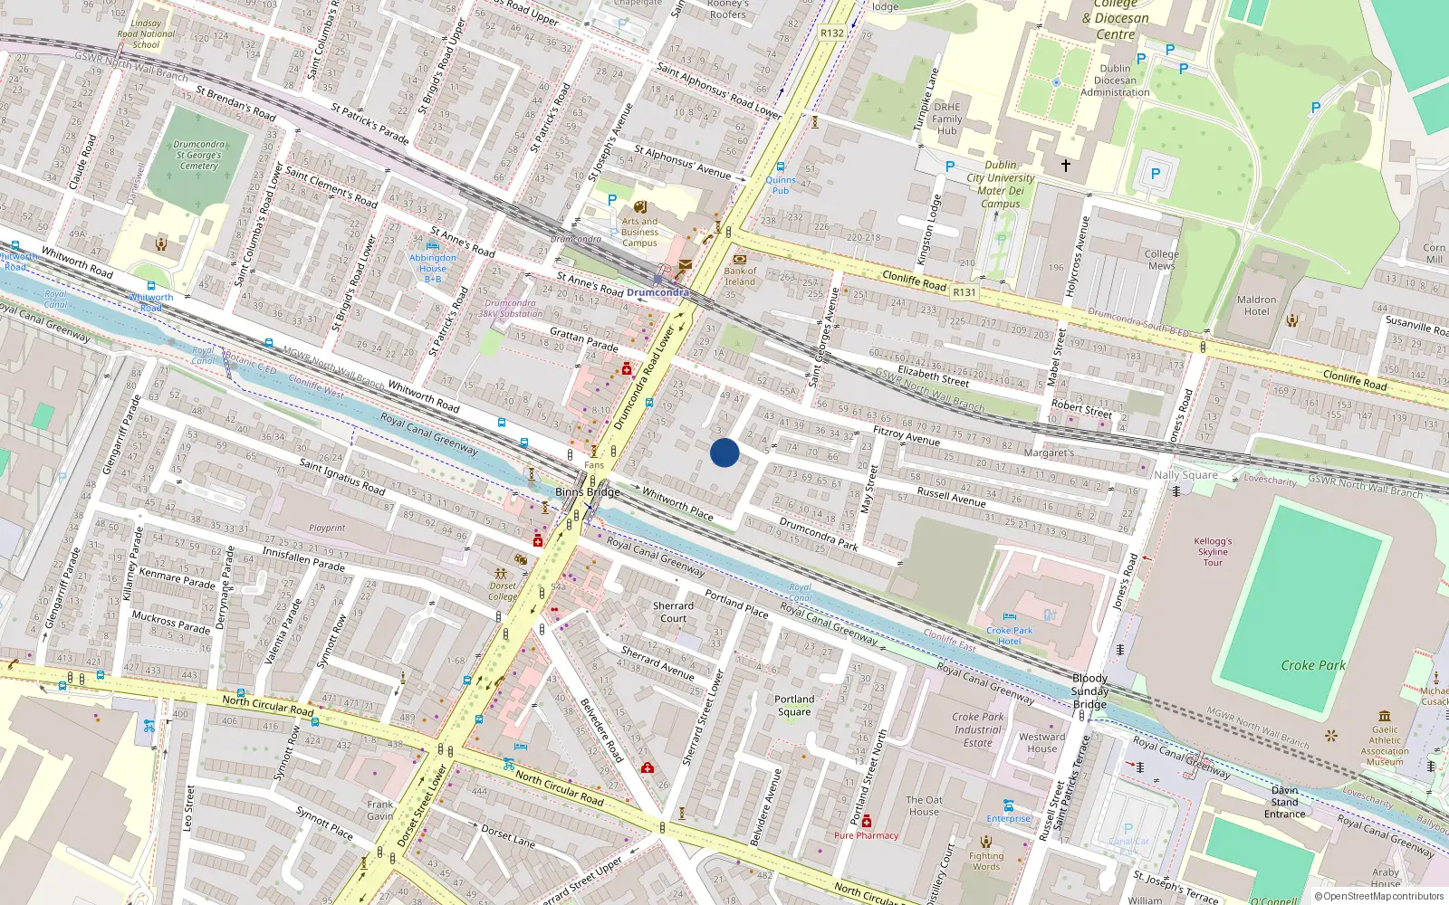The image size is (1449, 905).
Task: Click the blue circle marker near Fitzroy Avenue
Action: pos(724,452)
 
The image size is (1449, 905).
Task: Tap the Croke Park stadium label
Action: pos(1312,665)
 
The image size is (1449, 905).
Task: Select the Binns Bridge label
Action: pos(588,492)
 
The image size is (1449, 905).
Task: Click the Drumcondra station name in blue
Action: pos(657,292)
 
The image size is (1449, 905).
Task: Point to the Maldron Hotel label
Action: pos(1256,306)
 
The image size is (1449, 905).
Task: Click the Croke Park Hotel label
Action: pos(1009,635)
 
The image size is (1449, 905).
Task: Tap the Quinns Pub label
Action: pos(781,186)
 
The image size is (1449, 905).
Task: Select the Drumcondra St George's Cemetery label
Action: pos(198,155)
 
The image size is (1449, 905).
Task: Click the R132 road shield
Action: pos(831,33)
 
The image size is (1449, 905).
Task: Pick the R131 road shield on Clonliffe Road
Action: pos(964,292)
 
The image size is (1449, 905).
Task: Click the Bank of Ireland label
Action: pos(740,276)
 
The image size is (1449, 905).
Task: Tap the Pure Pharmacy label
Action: pos(866,835)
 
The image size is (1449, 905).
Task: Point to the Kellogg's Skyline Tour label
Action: pos(1213,551)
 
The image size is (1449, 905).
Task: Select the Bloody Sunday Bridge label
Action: pos(1089,691)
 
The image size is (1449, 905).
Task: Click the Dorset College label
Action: pos(503,591)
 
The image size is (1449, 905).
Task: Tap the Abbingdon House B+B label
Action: pos(433,268)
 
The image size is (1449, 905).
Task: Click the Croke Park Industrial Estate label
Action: pos(977,729)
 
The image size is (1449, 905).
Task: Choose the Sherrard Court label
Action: pos(673,613)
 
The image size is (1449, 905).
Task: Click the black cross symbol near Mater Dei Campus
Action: pos(1066,166)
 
